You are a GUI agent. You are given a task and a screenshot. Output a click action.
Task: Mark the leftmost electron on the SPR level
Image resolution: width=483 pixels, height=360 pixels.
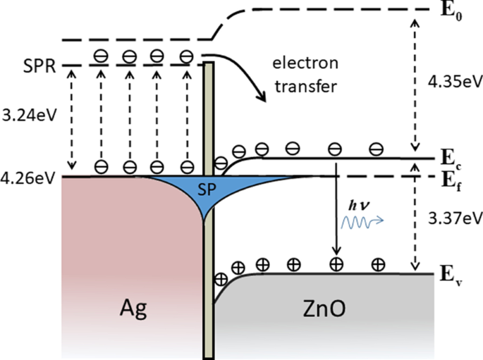[x=101, y=56]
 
